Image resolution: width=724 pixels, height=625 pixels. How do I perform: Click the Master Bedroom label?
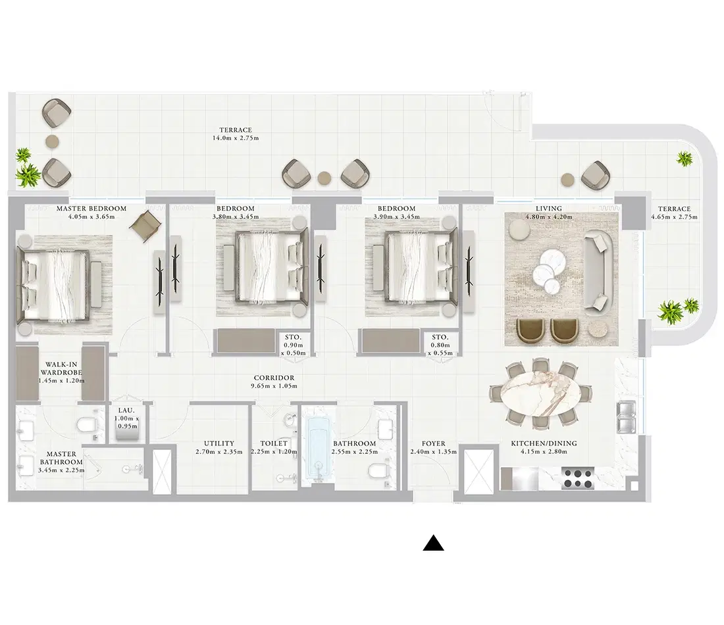91,209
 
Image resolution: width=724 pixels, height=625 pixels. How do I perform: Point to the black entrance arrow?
433,543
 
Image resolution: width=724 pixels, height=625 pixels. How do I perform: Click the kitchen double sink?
626,416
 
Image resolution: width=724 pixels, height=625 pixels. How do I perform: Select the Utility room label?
219,444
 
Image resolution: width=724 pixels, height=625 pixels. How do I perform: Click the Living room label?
549,209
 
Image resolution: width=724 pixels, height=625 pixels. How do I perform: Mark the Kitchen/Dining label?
544,444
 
